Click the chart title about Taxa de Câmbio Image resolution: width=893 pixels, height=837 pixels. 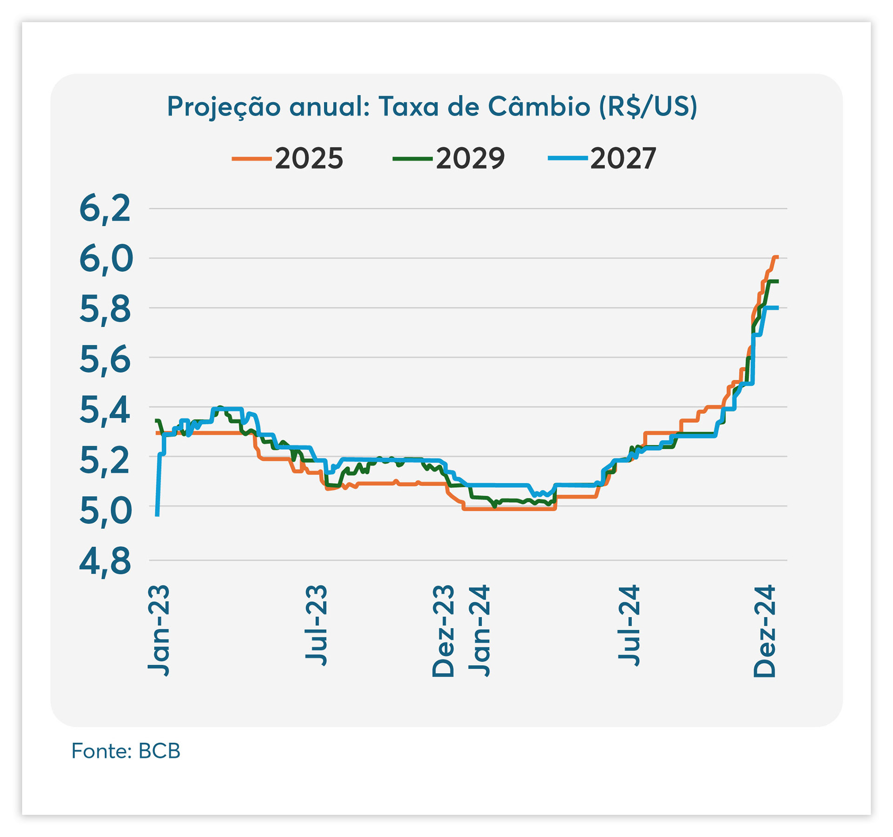(x=432, y=107)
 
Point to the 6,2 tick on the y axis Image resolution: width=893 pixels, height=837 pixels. (x=105, y=209)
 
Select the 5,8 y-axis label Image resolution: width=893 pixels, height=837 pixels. (x=105, y=309)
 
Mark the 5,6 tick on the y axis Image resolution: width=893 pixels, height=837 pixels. (x=105, y=359)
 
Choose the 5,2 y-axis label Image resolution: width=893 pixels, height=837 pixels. (x=105, y=459)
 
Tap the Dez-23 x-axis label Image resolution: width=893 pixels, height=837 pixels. (x=443, y=631)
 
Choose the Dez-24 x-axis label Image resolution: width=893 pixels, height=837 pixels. (x=765, y=631)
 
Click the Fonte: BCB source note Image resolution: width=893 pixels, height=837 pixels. (x=126, y=751)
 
